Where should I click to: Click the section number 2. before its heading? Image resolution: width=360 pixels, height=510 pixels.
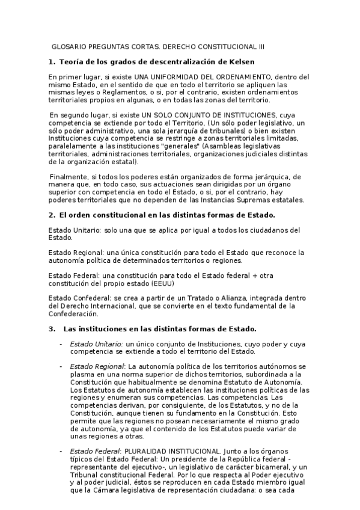tap(51, 215)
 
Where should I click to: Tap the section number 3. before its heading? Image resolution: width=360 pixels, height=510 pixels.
tap(51, 328)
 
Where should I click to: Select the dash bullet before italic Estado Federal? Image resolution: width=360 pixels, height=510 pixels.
tap(60, 450)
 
